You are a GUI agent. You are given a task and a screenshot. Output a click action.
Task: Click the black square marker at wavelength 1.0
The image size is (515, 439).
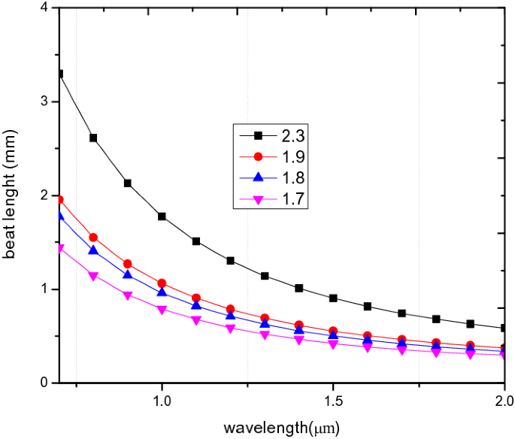[162, 216]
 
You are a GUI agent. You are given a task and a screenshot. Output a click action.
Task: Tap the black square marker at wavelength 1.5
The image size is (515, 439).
[333, 298]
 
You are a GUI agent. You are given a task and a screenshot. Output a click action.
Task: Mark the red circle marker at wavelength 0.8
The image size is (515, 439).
[93, 238]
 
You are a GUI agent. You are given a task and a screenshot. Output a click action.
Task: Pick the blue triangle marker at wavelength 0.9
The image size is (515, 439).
[128, 274]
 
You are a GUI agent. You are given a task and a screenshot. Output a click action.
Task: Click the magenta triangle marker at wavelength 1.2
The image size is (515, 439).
[230, 329]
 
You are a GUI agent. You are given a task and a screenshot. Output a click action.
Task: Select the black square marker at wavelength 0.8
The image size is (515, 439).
[93, 138]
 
